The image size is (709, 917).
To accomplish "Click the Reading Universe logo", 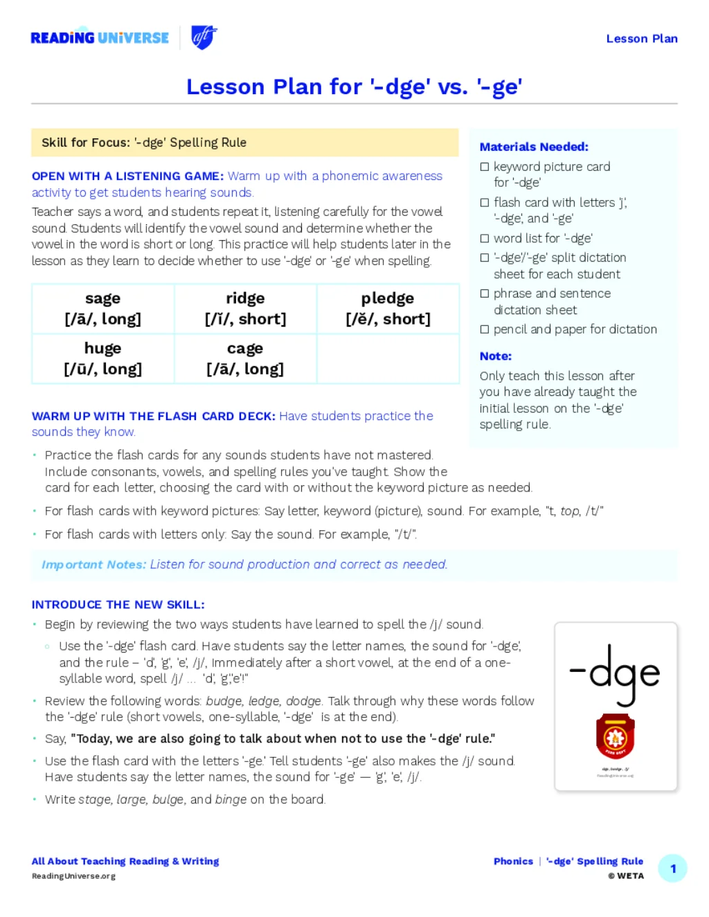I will click(x=100, y=37).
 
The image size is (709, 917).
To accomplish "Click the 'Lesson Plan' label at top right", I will click(x=641, y=39).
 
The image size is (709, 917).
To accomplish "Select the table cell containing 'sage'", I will click(x=102, y=309).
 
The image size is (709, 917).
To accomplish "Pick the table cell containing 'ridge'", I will click(x=245, y=309).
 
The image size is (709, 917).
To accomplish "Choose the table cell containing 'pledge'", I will click(x=388, y=309).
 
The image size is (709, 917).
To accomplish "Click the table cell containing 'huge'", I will click(x=102, y=358).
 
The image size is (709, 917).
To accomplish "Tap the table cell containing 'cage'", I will click(x=245, y=358).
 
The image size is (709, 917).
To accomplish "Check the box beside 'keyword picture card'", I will click(x=485, y=167).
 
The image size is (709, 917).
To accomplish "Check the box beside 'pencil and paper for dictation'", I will click(x=485, y=329).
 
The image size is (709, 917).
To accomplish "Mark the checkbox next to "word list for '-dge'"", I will click(x=485, y=239).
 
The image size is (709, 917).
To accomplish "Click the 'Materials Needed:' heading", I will click(x=534, y=147).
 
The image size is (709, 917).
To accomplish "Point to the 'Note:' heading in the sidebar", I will click(x=496, y=356).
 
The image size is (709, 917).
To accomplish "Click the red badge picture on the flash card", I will click(x=615, y=736).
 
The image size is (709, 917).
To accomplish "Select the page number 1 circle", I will click(x=672, y=869).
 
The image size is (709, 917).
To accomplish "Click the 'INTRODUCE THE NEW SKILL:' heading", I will click(x=118, y=605).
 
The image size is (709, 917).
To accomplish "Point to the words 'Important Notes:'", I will click(x=93, y=565).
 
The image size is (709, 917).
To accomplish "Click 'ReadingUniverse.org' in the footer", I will click(x=73, y=876).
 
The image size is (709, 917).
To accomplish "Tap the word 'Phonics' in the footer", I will click(x=513, y=862).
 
